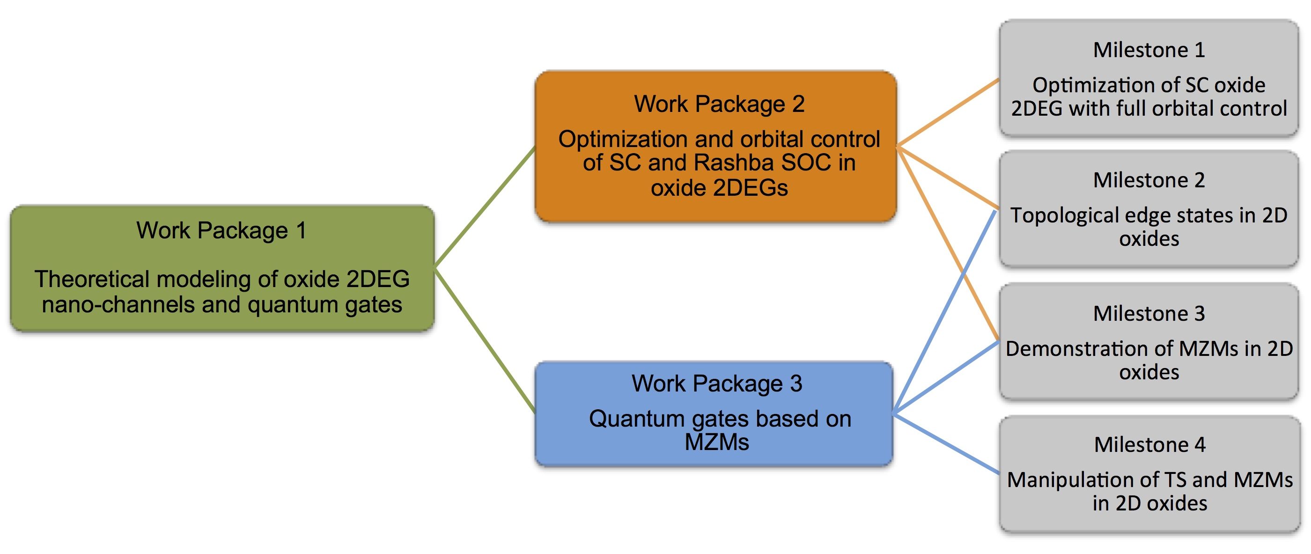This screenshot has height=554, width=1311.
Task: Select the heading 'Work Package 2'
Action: (x=719, y=104)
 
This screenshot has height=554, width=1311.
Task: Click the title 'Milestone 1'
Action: (x=1149, y=50)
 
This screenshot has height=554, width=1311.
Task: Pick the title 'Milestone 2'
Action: (x=1149, y=180)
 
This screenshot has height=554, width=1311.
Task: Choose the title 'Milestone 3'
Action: (x=1149, y=314)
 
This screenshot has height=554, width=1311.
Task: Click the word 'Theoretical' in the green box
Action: (x=92, y=279)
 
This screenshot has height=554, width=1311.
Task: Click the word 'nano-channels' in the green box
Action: (x=118, y=304)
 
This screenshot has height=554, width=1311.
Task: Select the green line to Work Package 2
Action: (x=485, y=207)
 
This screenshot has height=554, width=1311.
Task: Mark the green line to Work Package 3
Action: (x=485, y=340)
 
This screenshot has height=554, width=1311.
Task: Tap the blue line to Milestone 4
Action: (x=947, y=443)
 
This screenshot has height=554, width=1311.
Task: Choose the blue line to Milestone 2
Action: (x=944, y=311)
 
